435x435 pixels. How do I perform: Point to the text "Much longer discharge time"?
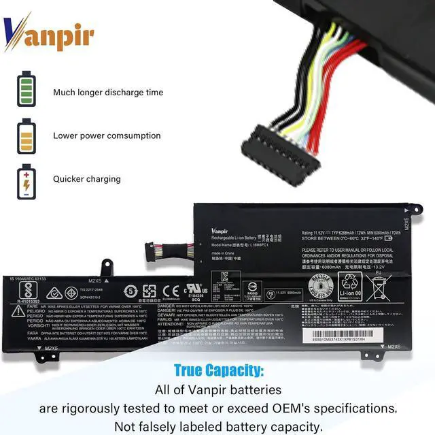108,92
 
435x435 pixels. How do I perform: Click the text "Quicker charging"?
86,179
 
